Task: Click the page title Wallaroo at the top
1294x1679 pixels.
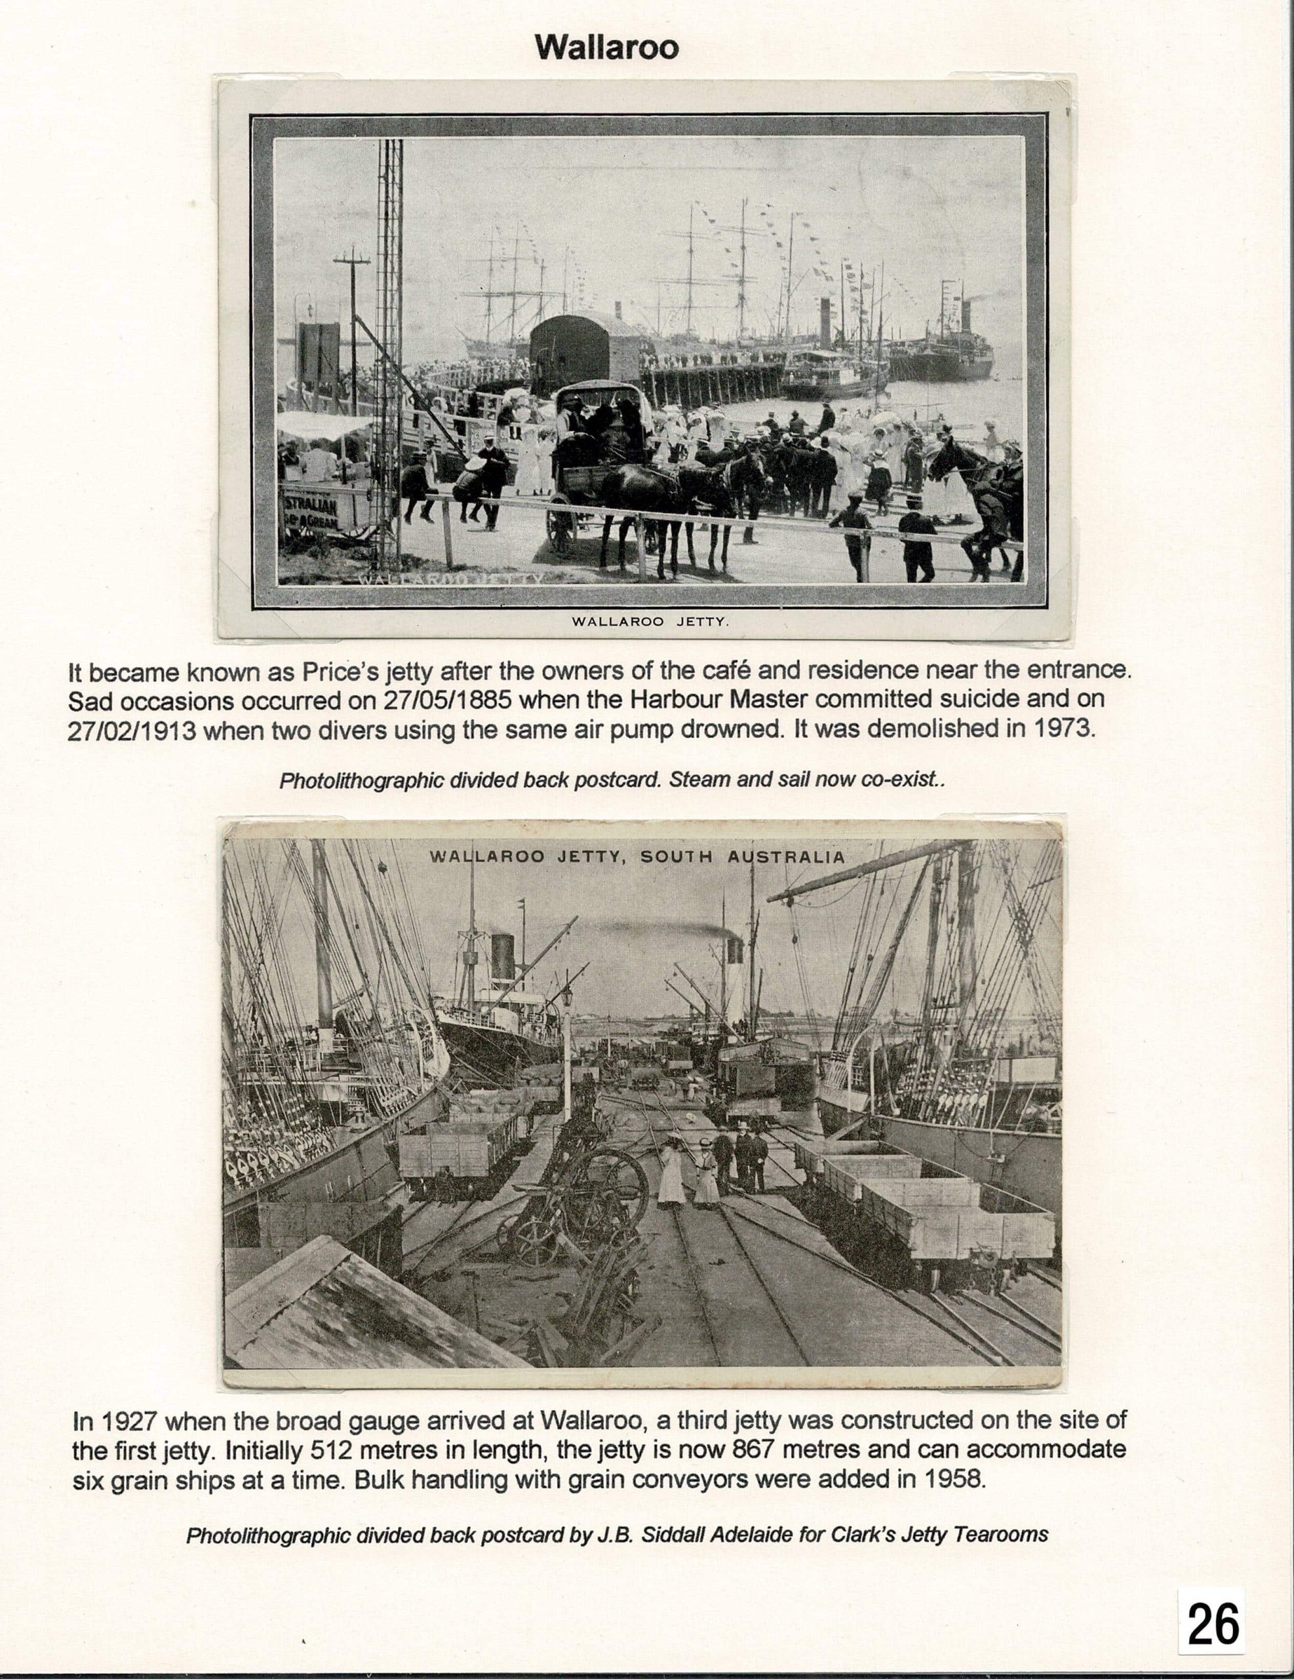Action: [x=607, y=48]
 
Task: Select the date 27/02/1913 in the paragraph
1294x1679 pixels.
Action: [x=130, y=729]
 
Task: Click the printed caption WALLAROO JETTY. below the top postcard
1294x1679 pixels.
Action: [x=650, y=622]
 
